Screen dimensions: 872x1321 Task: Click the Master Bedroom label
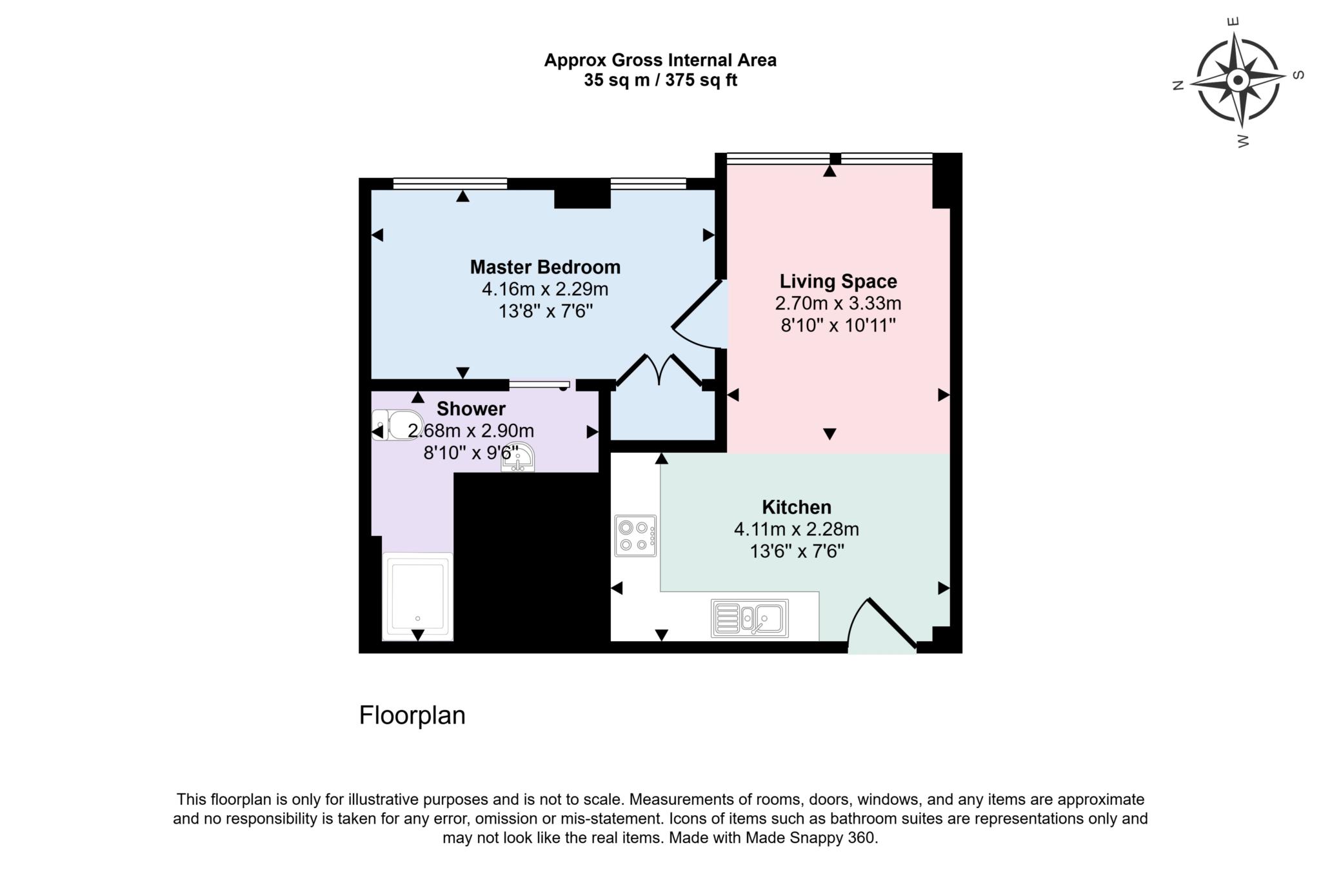click(545, 267)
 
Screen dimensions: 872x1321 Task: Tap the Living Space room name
click(838, 281)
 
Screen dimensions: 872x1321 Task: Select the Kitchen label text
click(797, 507)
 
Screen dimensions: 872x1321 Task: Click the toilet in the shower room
click(397, 425)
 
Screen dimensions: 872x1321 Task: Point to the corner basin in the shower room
click(519, 457)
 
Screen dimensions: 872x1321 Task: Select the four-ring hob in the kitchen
click(635, 535)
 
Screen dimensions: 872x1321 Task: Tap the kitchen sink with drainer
click(750, 618)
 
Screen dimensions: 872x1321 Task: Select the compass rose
click(1237, 81)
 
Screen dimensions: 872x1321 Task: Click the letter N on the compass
click(1178, 85)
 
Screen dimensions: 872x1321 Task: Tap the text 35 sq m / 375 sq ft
click(660, 81)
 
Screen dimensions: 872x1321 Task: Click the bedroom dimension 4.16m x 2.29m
click(545, 289)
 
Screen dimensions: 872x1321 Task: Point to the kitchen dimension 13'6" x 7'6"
click(797, 551)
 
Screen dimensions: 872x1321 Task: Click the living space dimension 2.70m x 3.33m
click(838, 303)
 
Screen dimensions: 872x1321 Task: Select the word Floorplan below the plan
click(412, 715)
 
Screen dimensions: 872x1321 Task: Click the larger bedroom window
click(450, 184)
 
